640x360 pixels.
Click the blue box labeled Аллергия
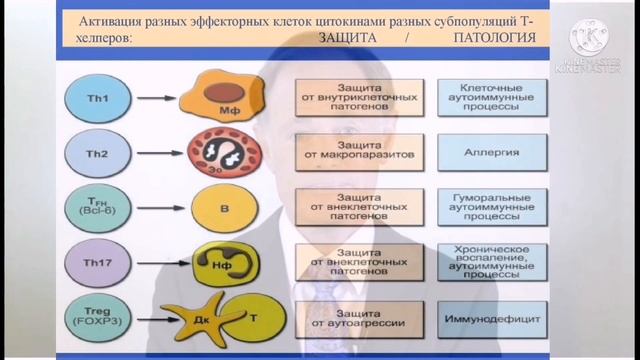pos(491,156)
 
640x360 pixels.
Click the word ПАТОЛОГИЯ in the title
pos(489,40)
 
